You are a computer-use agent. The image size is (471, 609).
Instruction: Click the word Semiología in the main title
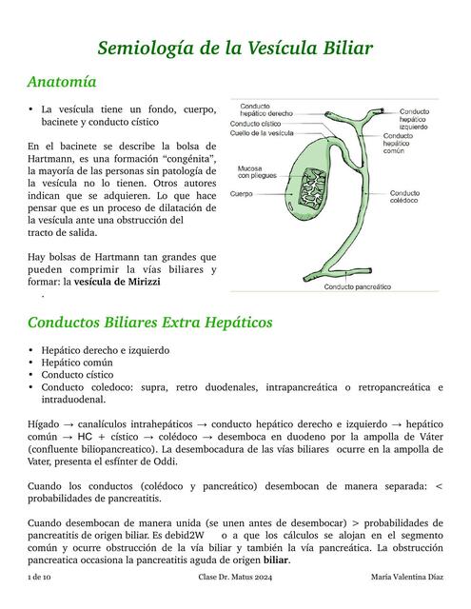point(148,48)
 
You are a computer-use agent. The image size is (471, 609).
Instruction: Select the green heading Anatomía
point(63,82)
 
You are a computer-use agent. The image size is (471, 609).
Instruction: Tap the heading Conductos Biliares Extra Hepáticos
point(149,323)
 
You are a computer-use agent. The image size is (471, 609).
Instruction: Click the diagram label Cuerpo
point(241,193)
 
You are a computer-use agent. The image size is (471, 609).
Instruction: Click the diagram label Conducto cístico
point(255,124)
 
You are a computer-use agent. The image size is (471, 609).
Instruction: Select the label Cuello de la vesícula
point(262,133)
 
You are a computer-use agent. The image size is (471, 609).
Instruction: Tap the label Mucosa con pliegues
point(250,172)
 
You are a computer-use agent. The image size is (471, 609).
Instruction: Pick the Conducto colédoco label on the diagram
point(404,196)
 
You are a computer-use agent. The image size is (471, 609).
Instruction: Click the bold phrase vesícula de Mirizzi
point(118,283)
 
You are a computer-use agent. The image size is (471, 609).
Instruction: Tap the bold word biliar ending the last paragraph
point(276,560)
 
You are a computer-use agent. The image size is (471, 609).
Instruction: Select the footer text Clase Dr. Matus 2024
point(235,580)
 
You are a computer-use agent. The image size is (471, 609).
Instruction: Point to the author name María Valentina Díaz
point(407,580)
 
